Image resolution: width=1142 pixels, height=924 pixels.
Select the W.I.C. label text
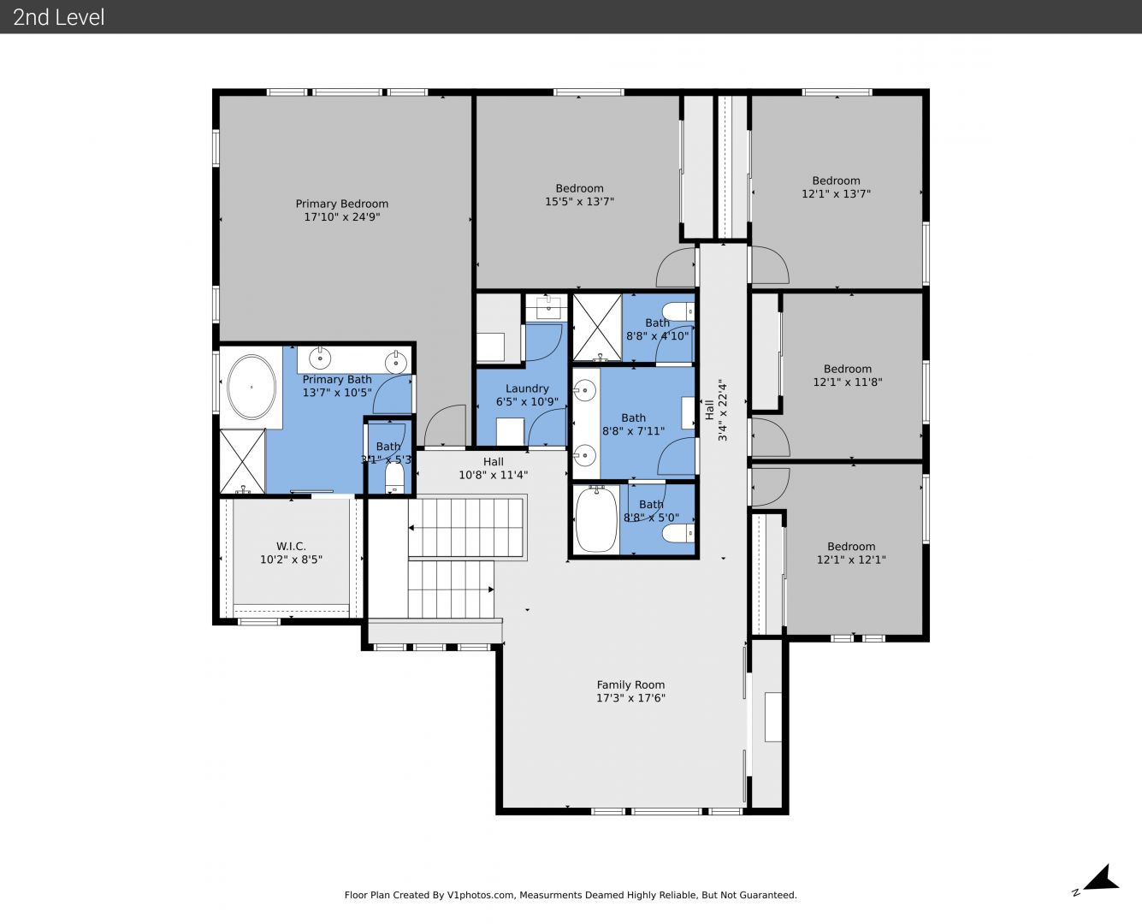tap(291, 547)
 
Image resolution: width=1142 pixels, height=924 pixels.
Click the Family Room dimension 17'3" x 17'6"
tap(630, 697)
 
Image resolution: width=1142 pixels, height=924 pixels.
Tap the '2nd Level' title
tap(58, 17)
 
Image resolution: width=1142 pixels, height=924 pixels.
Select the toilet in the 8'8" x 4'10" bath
tap(678, 311)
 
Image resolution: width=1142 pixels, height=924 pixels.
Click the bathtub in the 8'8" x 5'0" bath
tap(596, 519)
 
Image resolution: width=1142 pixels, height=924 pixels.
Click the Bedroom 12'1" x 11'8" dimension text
tap(848, 382)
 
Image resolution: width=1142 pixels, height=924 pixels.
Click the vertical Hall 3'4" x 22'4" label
tap(716, 411)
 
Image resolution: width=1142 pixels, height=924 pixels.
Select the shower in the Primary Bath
tap(242, 461)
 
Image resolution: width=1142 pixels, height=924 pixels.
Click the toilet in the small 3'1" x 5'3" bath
tap(394, 477)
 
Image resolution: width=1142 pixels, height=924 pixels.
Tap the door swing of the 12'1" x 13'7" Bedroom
tap(771, 264)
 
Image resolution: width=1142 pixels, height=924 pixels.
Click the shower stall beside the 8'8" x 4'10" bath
tap(597, 327)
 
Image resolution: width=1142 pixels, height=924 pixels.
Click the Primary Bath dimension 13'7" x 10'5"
tap(337, 392)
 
